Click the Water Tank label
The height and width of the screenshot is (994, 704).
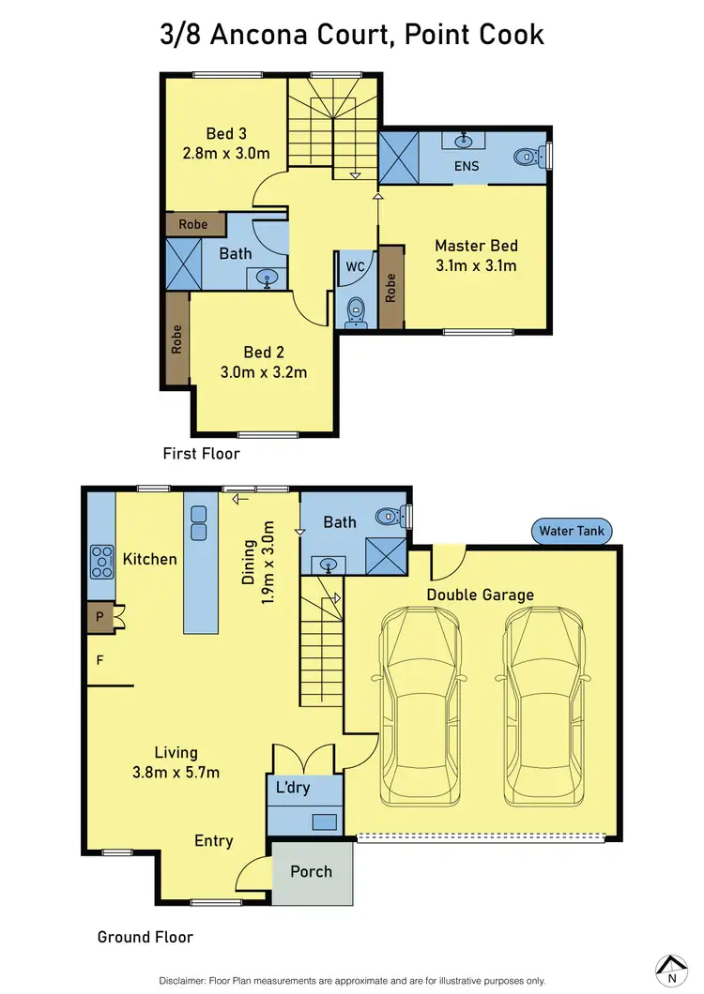tap(574, 532)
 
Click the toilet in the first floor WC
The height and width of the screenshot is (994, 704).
tap(356, 309)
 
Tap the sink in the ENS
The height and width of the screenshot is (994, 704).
tap(464, 141)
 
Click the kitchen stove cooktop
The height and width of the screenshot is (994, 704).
tap(100, 561)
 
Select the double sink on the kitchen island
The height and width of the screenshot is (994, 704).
tap(199, 523)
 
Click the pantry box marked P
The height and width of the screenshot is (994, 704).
tap(100, 618)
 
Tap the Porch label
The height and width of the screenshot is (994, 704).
tap(311, 871)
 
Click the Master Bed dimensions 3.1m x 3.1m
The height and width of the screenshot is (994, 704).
tap(476, 265)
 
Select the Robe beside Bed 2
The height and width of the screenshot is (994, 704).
tap(176, 339)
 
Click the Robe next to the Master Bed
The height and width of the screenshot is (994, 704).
tap(390, 288)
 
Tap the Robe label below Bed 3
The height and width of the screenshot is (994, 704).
tap(194, 225)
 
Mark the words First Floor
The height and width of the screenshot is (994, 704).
tap(201, 454)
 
